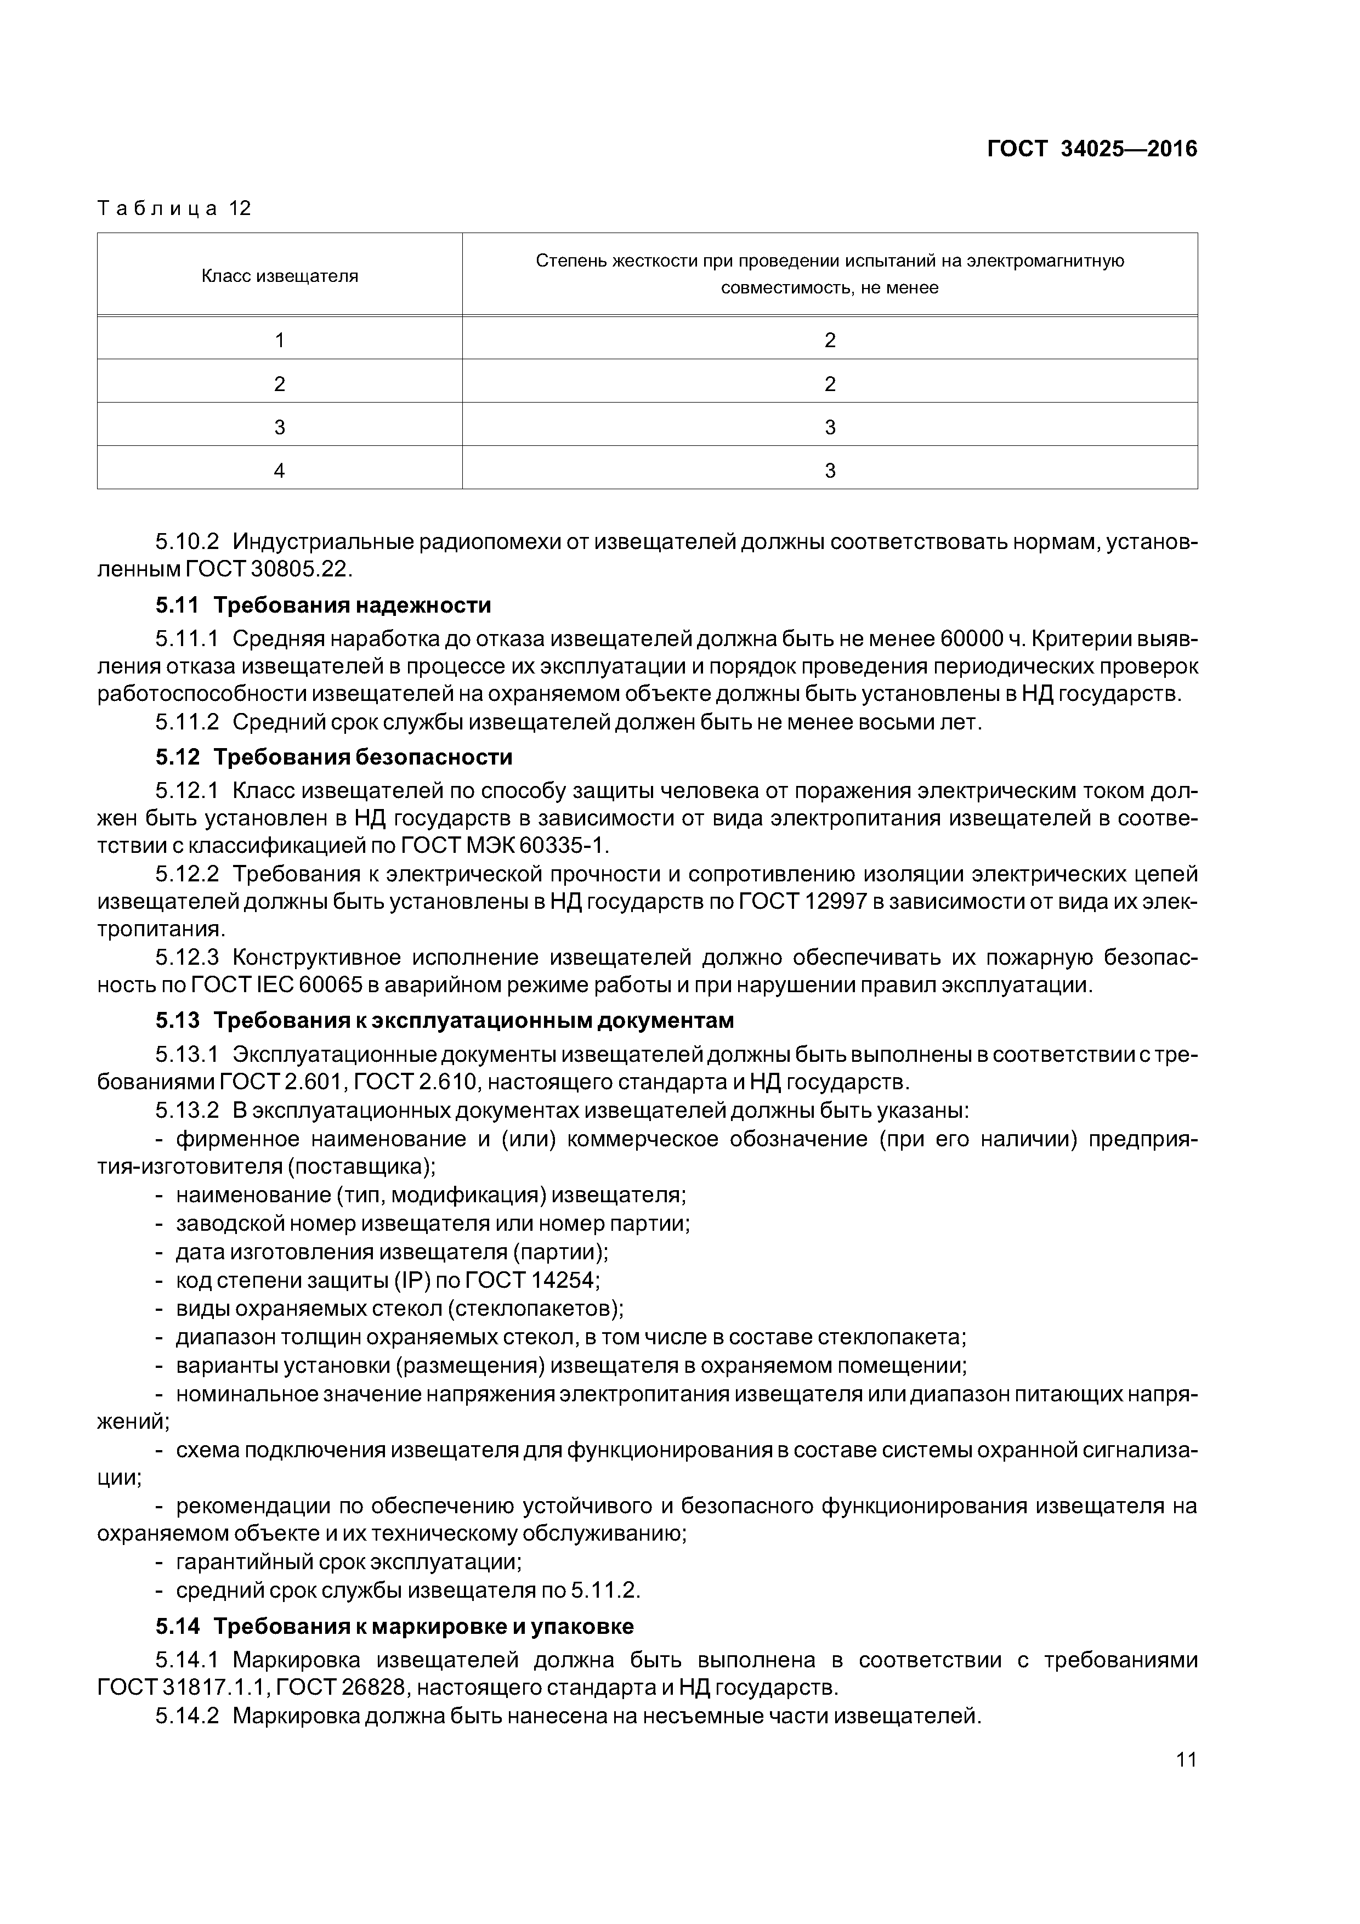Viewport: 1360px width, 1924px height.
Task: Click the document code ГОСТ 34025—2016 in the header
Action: pyautogui.click(x=1092, y=149)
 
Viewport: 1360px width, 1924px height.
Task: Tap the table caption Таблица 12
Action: pyautogui.click(x=174, y=208)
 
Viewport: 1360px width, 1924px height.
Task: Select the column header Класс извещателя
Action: pyautogui.click(x=279, y=276)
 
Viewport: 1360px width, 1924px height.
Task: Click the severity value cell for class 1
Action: pyautogui.click(x=830, y=339)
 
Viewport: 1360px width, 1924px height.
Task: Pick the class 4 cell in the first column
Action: pyautogui.click(x=279, y=470)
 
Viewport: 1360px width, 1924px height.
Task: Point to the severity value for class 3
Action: pyautogui.click(x=830, y=427)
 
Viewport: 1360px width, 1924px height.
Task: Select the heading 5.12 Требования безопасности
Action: pyautogui.click(x=333, y=757)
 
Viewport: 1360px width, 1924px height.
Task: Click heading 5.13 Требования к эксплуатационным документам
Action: pyautogui.click(x=444, y=1020)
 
